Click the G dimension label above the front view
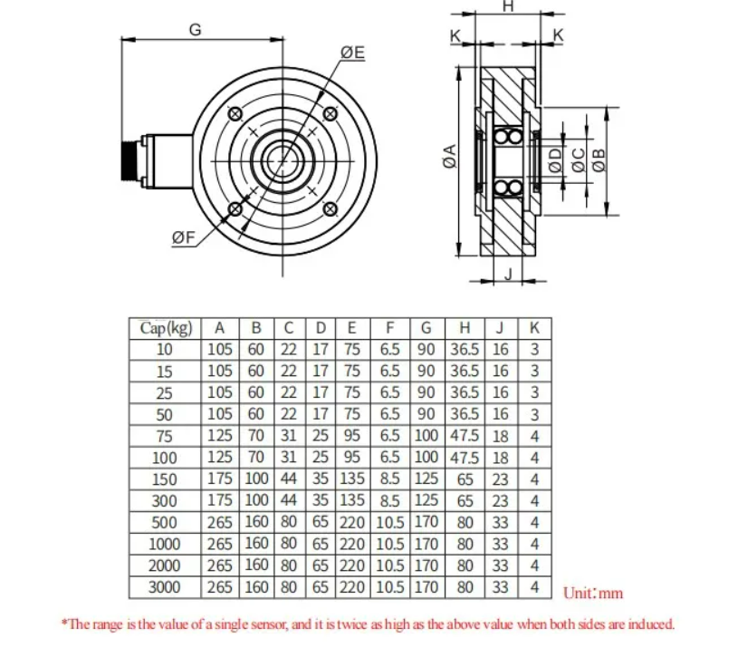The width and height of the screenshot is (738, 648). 195,29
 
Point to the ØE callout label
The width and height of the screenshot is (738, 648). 353,53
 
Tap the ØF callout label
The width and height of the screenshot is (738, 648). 183,238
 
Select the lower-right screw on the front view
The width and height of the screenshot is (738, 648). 330,209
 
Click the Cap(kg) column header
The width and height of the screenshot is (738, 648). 166,328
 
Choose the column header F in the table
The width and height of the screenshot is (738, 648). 389,328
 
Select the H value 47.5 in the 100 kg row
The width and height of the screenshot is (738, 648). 465,458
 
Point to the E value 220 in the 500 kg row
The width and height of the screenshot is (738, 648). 351,522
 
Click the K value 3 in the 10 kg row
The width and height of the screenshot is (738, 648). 534,349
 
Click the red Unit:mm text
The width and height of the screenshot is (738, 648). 593,594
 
